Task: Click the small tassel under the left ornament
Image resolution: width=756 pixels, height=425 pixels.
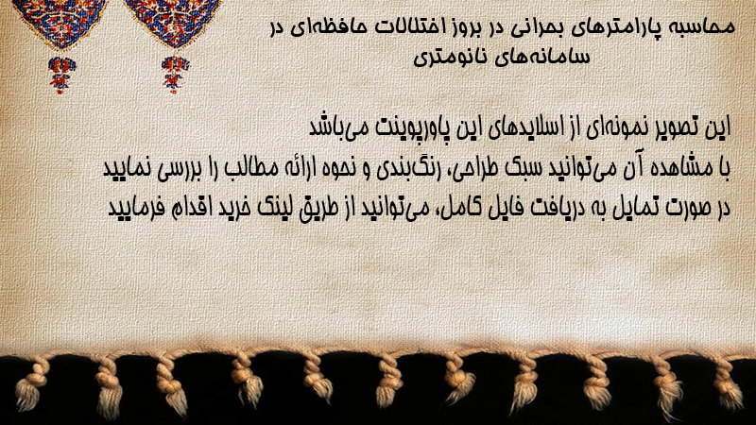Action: click(61, 75)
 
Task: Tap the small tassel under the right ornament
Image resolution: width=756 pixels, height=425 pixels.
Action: click(175, 75)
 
